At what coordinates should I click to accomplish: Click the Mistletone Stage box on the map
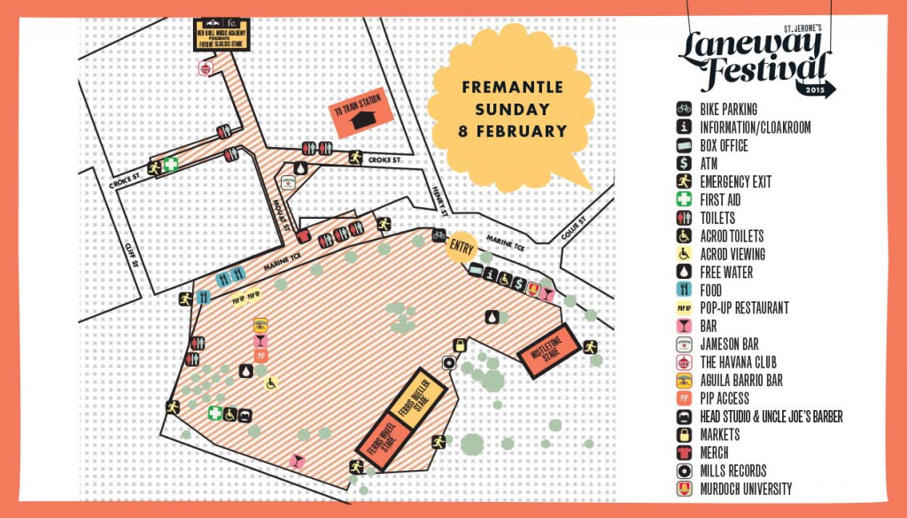[x=547, y=352]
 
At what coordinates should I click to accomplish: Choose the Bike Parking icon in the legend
[x=683, y=109]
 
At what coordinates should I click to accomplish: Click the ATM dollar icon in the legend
[x=683, y=164]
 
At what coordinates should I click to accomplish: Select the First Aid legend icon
[x=683, y=200]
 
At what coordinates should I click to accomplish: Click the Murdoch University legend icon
[x=683, y=489]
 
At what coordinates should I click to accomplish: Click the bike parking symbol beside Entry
[x=438, y=236]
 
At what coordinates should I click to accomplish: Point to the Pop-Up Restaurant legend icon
[x=683, y=308]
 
